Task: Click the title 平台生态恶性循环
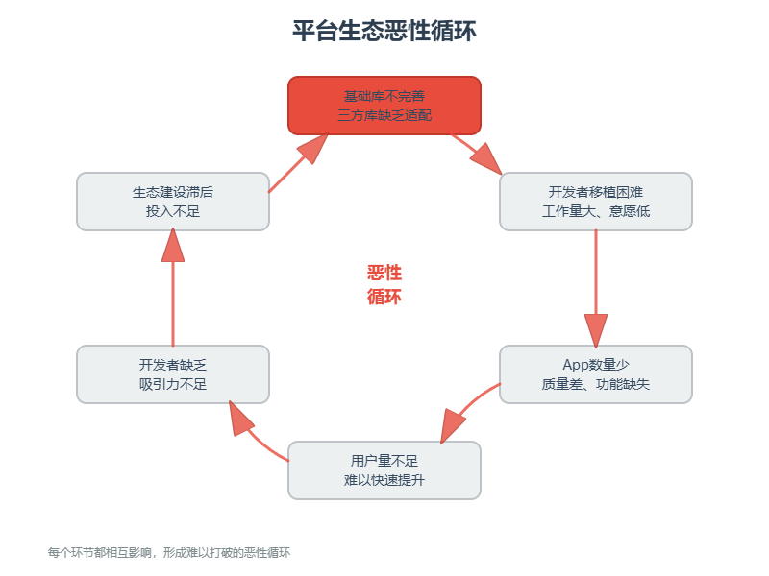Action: [384, 32]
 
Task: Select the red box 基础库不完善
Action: [384, 105]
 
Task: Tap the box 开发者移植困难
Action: [595, 201]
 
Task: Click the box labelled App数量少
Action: [595, 373]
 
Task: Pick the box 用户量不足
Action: [384, 469]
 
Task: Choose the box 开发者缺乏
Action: [173, 373]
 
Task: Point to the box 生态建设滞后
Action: [173, 201]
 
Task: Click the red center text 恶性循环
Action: [384, 285]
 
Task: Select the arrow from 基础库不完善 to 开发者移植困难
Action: [476, 153]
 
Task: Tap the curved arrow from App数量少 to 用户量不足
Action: [466, 411]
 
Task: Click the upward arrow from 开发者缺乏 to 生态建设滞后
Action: [173, 288]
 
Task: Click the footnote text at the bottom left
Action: [169, 553]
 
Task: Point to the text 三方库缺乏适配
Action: [384, 115]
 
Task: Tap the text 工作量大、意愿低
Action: [595, 211]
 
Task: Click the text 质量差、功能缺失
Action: [595, 384]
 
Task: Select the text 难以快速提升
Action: [384, 480]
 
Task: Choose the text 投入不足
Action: [173, 211]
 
